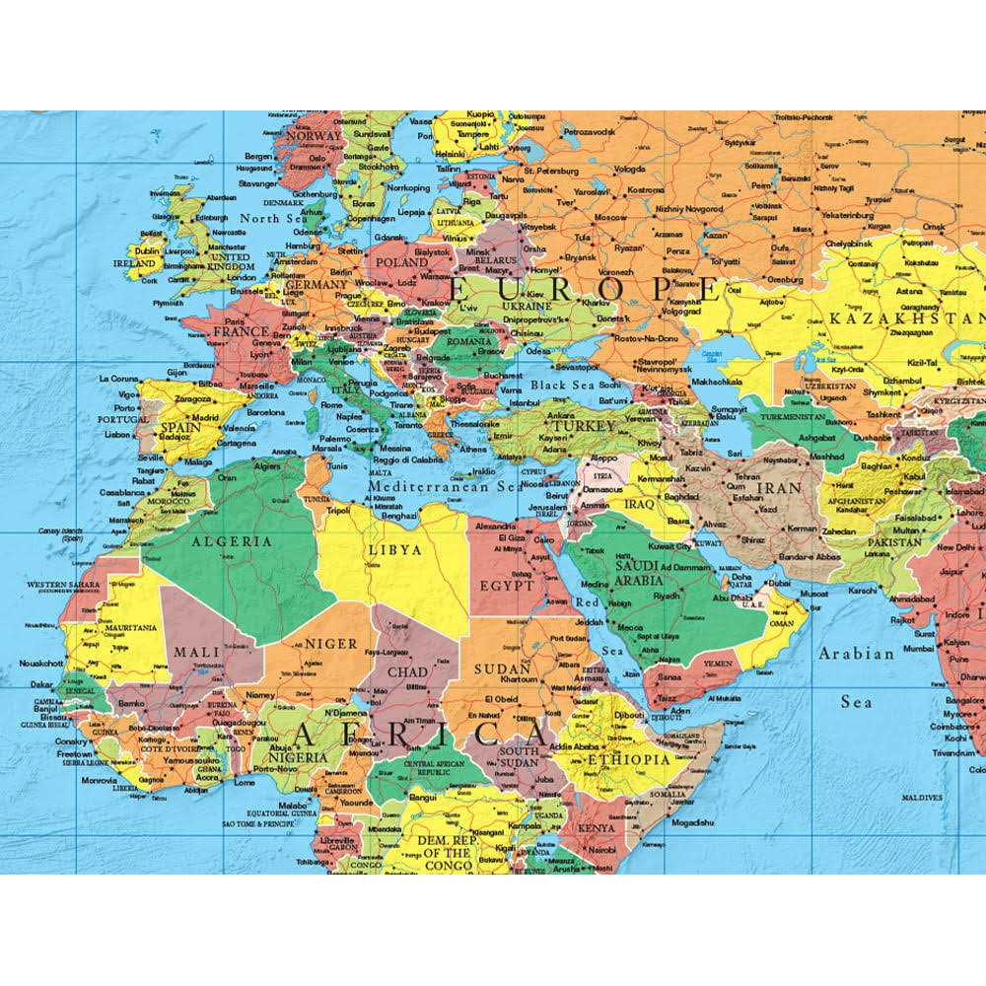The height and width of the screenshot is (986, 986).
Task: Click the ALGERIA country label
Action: pos(232,541)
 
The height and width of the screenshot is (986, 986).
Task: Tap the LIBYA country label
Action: pos(394,549)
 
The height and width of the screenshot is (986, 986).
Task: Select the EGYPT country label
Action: pos(507,586)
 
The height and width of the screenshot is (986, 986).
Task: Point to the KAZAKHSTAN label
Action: pos(906,318)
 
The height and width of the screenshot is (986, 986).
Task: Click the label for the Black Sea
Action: pos(561,386)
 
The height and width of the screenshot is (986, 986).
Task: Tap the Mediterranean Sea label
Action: pos(444,486)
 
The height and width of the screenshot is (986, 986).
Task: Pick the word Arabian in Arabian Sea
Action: pos(856,653)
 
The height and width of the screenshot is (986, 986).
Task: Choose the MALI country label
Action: pos(196,652)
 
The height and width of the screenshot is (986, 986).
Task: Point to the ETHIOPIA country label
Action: pos(628,760)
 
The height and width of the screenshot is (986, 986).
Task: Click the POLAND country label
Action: pos(402,263)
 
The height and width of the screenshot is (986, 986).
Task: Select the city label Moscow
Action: pos(610,217)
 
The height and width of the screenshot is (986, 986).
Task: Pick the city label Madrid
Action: pos(205,417)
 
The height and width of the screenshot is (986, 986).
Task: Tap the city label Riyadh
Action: pos(667,596)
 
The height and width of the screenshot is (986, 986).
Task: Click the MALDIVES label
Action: pos(922,797)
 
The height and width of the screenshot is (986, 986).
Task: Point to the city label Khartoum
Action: pos(518,680)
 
